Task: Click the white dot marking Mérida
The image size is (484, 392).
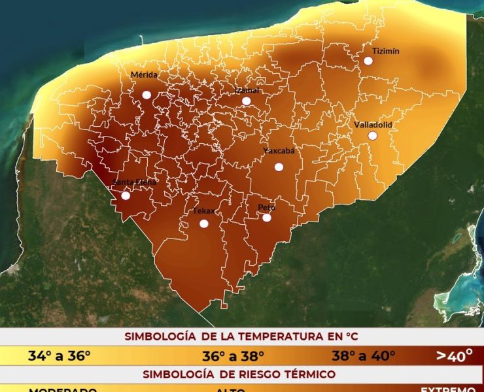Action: pyautogui.click(x=147, y=95)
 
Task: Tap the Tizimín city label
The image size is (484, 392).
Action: pyautogui.click(x=385, y=51)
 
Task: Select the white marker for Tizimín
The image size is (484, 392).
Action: pyautogui.click(x=368, y=61)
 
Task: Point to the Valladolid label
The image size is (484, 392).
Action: pyautogui.click(x=373, y=124)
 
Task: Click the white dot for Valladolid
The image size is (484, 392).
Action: pyautogui.click(x=373, y=136)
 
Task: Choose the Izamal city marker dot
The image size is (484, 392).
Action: pyautogui.click(x=246, y=101)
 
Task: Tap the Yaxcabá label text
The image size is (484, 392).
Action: pyautogui.click(x=279, y=151)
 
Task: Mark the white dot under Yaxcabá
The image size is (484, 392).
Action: pyautogui.click(x=279, y=167)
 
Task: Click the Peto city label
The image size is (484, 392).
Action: pyautogui.click(x=266, y=207)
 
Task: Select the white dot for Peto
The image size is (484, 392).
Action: pyautogui.click(x=267, y=218)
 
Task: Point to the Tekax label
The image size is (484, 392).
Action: pyautogui.click(x=203, y=211)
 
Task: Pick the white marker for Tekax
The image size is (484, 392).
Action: pyautogui.click(x=204, y=224)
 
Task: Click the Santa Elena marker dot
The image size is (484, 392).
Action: pyautogui.click(x=126, y=195)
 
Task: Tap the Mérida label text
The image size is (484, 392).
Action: pyautogui.click(x=144, y=75)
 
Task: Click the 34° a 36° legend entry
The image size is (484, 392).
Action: pyautogui.click(x=59, y=356)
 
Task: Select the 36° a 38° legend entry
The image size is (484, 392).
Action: pyautogui.click(x=233, y=356)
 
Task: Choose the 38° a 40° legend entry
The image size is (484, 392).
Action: pyautogui.click(x=364, y=356)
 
